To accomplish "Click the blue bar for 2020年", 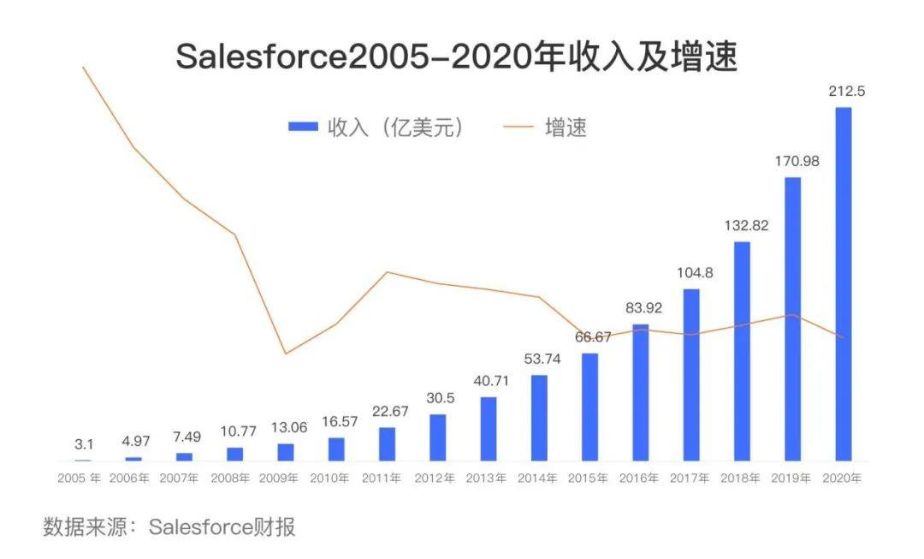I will [x=844, y=284].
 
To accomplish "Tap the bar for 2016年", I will [x=641, y=393].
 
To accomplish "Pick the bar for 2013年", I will [x=488, y=429].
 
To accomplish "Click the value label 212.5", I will [x=845, y=92].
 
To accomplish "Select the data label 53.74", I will [x=541, y=359].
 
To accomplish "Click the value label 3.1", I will [x=84, y=444].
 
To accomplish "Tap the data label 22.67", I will [x=388, y=412].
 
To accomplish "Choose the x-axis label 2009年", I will [x=286, y=479].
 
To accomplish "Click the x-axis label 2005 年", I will [x=79, y=479].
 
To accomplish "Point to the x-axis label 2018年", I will [x=743, y=479].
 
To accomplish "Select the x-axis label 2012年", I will [x=438, y=479].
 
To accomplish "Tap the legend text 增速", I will [x=566, y=128].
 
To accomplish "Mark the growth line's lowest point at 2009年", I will [x=286, y=354].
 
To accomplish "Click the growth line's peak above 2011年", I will [x=388, y=272].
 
